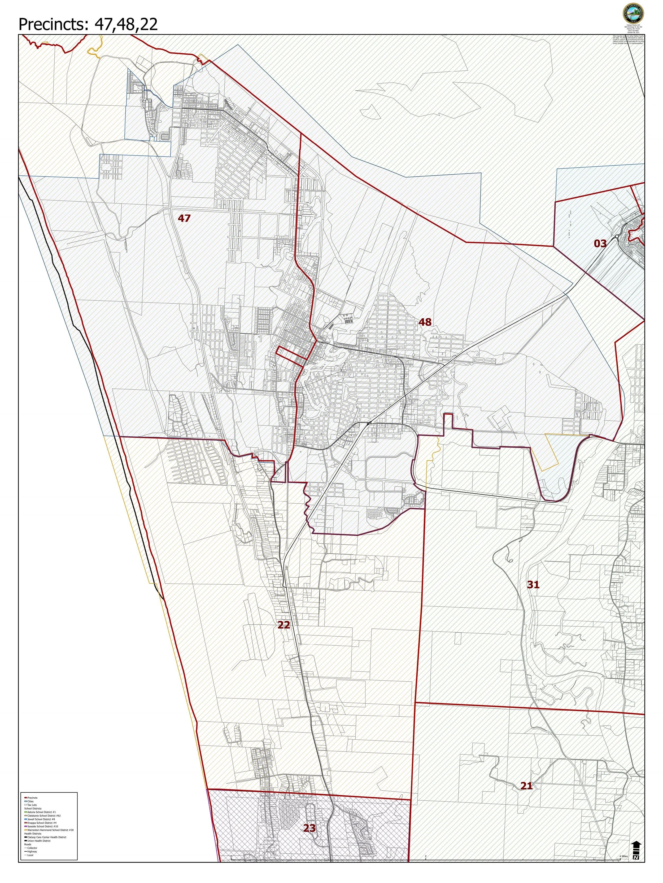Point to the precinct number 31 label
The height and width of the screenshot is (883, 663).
click(533, 584)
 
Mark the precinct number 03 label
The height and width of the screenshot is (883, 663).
click(600, 243)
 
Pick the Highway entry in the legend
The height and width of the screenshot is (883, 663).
click(32, 851)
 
